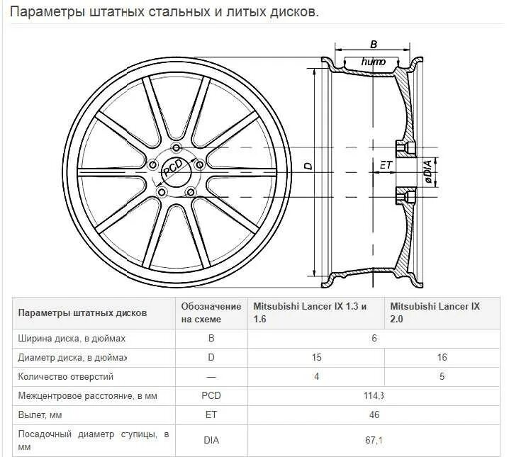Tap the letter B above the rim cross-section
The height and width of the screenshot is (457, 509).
[x=374, y=45]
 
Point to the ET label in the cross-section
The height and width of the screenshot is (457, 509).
[x=386, y=164]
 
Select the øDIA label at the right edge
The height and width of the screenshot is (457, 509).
[x=429, y=173]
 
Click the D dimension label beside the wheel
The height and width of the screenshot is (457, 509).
[x=308, y=166]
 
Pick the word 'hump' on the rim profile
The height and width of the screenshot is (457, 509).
[x=374, y=62]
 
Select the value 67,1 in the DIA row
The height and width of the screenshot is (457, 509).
[x=374, y=440]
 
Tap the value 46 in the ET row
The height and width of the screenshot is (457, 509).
[x=374, y=414]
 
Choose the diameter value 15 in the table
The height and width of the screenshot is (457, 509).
[x=316, y=358]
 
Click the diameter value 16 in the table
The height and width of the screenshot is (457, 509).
[x=442, y=358]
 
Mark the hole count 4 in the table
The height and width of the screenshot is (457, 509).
[x=316, y=377]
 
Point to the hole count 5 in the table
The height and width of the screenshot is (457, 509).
[x=442, y=377]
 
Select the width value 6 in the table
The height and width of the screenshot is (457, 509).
[x=374, y=339]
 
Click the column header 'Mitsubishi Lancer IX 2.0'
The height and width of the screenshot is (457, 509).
[x=435, y=312]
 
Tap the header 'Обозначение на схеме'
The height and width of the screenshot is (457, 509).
[x=211, y=312]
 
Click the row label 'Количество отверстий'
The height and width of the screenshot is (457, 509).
[x=65, y=377]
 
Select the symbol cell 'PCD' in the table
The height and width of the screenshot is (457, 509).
[x=211, y=395]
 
